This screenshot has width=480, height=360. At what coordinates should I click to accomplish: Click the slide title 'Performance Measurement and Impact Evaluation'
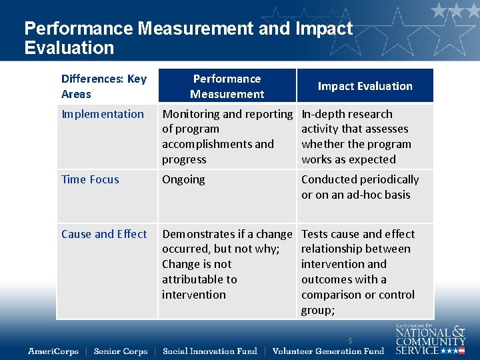pos(188,38)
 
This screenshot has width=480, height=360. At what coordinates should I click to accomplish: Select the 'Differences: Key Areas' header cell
pos(104,87)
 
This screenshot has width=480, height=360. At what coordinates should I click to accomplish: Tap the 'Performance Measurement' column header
pos(227,87)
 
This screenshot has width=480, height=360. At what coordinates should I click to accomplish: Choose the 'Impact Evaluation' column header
pos(365,86)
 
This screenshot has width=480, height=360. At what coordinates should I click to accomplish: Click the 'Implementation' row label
pos(103,114)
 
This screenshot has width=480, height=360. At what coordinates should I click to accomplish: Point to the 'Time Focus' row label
pos(90,179)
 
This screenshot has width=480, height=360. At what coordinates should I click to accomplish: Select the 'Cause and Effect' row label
pos(104,234)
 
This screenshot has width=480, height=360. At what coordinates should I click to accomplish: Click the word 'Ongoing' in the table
pos(183,179)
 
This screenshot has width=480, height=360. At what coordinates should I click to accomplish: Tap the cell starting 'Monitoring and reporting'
pos(227,137)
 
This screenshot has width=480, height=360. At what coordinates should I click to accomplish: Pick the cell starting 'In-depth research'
pos(356,137)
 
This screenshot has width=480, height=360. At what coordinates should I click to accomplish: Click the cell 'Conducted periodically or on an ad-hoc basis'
pos(360,187)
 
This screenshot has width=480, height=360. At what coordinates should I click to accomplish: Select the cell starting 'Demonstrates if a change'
pos(227,264)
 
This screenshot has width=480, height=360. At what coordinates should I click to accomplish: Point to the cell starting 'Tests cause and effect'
pos(358,271)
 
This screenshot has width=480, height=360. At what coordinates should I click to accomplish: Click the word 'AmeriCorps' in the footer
pos(53,351)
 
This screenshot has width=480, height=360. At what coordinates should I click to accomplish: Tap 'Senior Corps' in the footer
pos(121,351)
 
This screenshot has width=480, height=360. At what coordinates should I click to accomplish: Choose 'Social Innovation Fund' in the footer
pos(209,351)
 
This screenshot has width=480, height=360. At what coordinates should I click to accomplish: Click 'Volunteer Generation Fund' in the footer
pos(328,351)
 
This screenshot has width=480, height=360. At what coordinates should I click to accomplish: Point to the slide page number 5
pos(349,341)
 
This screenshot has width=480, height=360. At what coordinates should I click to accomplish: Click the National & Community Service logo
pos(429,339)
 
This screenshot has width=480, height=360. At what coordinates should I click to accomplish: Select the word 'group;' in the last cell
pos(318,310)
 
